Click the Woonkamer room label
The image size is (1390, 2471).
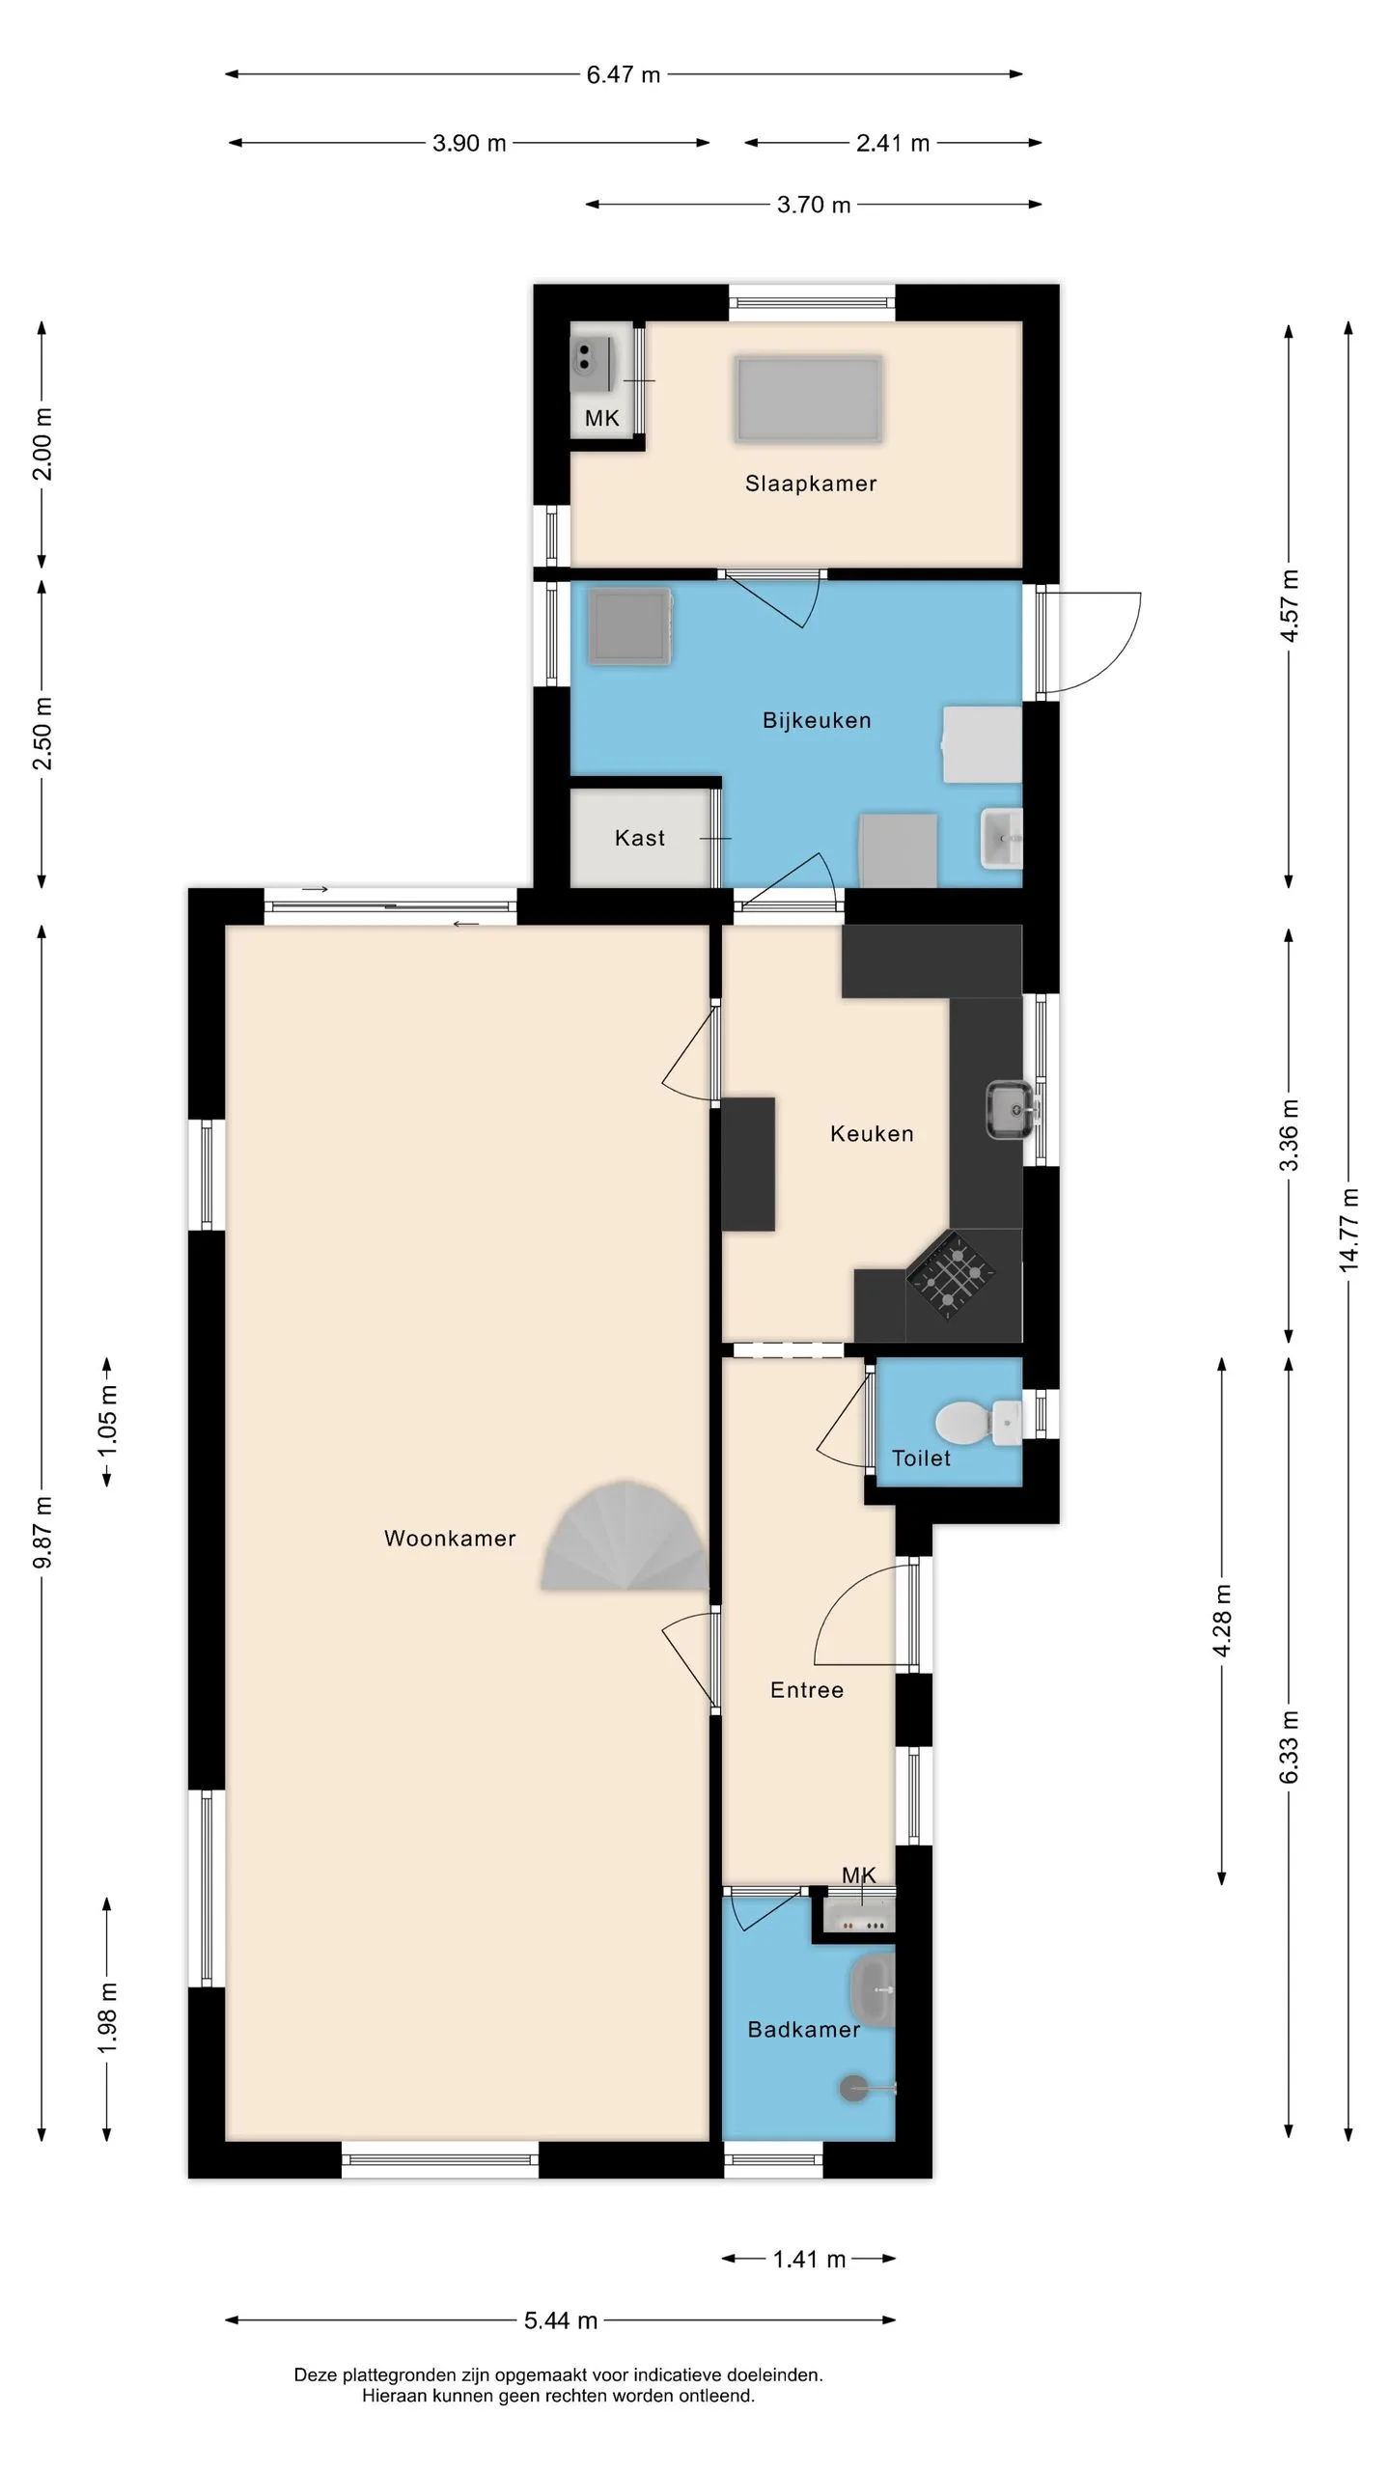click(450, 1539)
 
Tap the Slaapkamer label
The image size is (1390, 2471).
click(811, 484)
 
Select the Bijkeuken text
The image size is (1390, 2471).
click(817, 720)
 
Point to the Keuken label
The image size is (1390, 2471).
click(872, 1133)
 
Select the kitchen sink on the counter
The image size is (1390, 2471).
click(1010, 1109)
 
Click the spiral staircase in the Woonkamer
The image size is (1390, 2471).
click(625, 1537)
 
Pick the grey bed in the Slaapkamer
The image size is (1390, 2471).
click(808, 399)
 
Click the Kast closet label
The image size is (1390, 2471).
click(640, 838)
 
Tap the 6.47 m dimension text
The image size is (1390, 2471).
click(624, 74)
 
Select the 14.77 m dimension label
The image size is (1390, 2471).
click(1348, 1230)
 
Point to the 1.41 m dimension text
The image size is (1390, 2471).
click(809, 2260)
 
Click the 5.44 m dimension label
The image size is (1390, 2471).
click(561, 2320)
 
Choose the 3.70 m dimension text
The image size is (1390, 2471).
click(814, 205)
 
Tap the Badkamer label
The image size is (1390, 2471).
click(804, 2030)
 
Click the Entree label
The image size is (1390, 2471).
click(807, 1690)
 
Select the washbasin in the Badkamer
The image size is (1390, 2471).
click(873, 1989)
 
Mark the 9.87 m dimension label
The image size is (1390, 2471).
click(43, 1533)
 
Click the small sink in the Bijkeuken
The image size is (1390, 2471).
click(1001, 839)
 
